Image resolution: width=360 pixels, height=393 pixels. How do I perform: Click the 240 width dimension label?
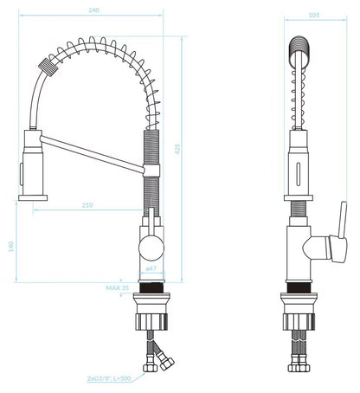[93, 10]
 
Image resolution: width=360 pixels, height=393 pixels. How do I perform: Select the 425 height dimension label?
[177, 149]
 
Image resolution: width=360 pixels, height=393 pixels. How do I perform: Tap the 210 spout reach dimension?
[87, 205]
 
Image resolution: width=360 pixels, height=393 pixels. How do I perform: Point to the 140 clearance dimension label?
[11, 247]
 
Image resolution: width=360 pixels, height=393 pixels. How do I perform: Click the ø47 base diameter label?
[151, 268]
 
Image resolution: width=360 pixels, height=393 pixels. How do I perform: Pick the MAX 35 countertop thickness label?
[117, 287]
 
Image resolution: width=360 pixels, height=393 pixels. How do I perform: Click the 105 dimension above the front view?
[314, 15]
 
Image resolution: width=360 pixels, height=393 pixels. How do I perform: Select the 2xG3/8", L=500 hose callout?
[109, 378]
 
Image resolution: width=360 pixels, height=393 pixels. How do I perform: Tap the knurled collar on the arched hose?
[48, 67]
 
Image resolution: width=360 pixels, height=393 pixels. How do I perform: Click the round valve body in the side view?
[151, 248]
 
